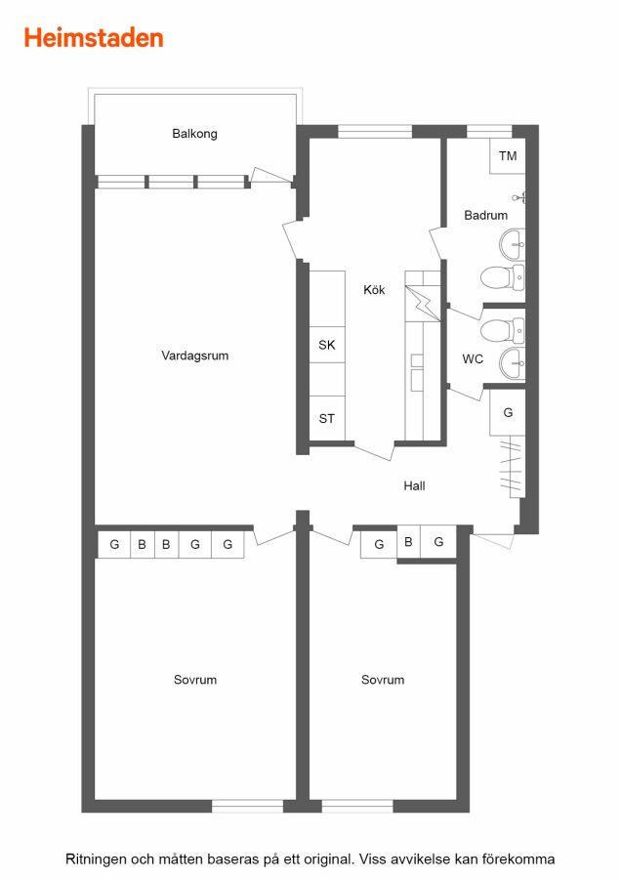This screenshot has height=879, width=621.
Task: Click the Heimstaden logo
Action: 94,38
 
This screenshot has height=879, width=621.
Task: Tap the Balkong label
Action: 194,134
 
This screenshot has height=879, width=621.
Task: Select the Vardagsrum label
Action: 194,356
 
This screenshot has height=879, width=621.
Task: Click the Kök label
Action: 374,289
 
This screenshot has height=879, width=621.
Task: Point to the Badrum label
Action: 486,215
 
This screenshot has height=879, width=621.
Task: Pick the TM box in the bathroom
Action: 507,156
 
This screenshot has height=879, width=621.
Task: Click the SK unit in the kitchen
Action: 327,345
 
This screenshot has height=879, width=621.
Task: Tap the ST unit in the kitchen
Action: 327,418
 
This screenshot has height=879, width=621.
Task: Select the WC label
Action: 473,358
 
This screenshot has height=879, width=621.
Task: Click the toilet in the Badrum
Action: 502,278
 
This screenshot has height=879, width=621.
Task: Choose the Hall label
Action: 414,486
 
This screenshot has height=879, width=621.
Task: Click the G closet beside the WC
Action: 507,412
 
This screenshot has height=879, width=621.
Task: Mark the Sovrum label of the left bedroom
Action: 195,680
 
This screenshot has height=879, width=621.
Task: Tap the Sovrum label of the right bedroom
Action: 383,680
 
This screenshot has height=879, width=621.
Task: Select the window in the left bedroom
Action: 247,806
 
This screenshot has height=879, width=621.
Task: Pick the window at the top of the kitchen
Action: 375,132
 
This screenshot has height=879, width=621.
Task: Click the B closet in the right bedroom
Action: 408,542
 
